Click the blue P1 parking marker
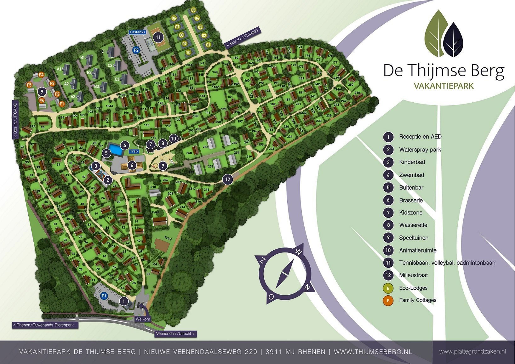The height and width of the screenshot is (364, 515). pos(104,296)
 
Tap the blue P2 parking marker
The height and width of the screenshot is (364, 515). pos(136,50)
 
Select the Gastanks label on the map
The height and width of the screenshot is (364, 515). pos(137,32)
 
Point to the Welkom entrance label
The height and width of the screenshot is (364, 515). pos(143,319)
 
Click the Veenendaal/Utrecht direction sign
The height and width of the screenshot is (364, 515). pos(175,334)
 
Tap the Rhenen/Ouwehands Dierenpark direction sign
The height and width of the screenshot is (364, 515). pos(45,325)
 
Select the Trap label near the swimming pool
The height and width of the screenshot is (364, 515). pos(134,151)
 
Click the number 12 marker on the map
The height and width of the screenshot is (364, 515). pos(227,179)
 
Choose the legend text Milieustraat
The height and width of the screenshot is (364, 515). pos(413,275)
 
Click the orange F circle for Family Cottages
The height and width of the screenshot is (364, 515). pos(388,300)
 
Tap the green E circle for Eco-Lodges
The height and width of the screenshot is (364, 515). pos(388,288)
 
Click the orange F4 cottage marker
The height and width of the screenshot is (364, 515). pos(41,75)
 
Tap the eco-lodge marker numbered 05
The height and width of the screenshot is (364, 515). pos(193,10)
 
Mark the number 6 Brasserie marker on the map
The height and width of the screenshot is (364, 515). pos(132,165)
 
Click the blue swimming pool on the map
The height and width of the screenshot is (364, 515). pos(116,149)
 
